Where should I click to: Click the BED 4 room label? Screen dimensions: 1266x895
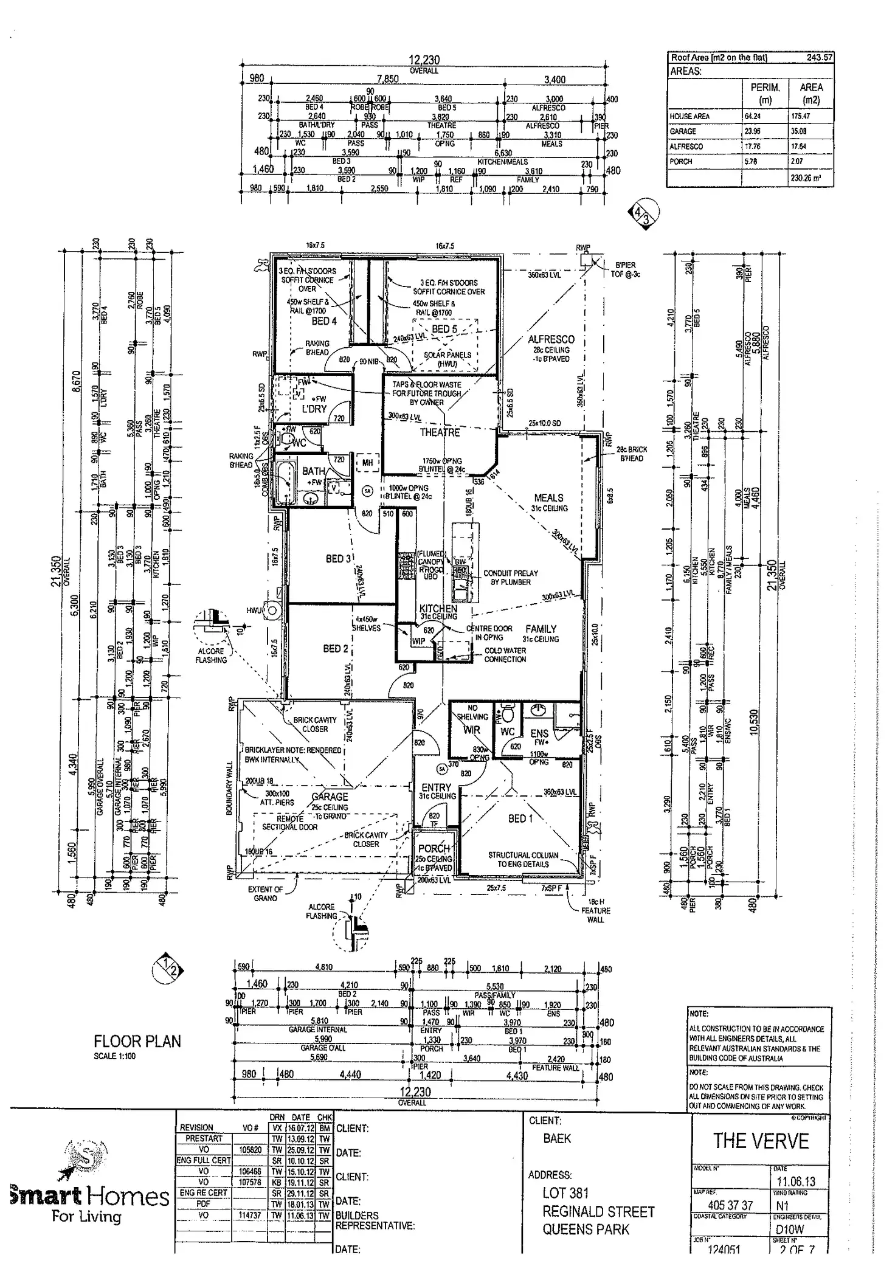click(323, 321)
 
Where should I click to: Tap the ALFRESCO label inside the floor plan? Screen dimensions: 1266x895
click(551, 339)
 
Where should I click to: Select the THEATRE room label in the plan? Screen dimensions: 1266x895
click(440, 432)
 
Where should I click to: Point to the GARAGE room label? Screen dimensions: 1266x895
click(330, 797)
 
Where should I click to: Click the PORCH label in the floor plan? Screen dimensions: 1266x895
click(434, 848)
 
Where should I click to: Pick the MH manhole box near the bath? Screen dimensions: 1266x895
click(367, 463)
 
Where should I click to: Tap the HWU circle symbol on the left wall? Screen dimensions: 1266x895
click(271, 611)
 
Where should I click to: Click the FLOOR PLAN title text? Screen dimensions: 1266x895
click(137, 1042)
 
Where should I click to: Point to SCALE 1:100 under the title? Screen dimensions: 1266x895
click(115, 1056)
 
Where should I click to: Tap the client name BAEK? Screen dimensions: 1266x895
click(557, 1138)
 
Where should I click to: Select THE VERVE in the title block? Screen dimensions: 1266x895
click(761, 1141)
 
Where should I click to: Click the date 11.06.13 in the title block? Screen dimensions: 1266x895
click(796, 1181)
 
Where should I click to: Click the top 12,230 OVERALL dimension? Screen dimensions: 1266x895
click(424, 61)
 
